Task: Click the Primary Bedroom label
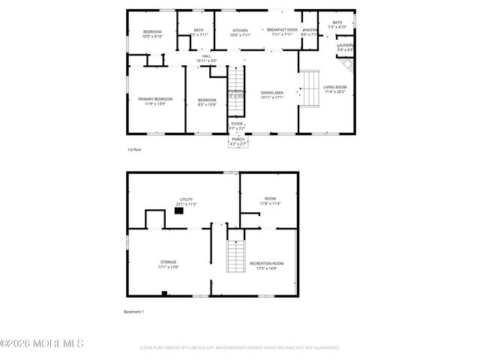pyautogui.click(x=155, y=99)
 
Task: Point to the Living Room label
pyautogui.click(x=335, y=87)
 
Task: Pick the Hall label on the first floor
pyautogui.click(x=206, y=55)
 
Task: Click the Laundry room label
pyautogui.click(x=344, y=46)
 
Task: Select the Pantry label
pyautogui.click(x=310, y=30)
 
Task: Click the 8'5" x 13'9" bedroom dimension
pyautogui.click(x=207, y=104)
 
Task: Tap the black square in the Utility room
pyautogui.click(x=178, y=211)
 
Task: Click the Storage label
pyautogui.click(x=168, y=262)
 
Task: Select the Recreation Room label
pyautogui.click(x=266, y=263)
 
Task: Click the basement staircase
pyautogui.click(x=236, y=256)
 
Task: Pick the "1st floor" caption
pyautogui.click(x=134, y=150)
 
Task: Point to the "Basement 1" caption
pyautogui.click(x=133, y=311)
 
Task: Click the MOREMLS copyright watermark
pyautogui.click(x=42, y=343)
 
